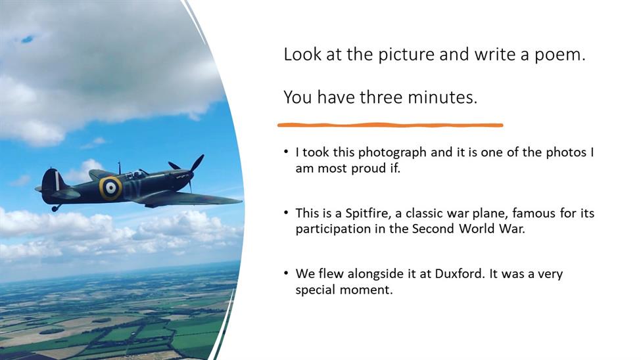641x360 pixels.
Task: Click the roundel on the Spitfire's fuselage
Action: [x=110, y=188]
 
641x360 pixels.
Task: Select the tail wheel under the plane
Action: [x=55, y=208]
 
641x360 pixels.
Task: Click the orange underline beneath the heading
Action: [x=390, y=125]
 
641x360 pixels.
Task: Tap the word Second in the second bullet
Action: [x=433, y=229]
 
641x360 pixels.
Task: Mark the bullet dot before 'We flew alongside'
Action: [x=286, y=273]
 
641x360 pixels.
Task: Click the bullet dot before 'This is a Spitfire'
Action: [x=286, y=212]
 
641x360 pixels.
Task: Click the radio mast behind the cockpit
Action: [x=120, y=168]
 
